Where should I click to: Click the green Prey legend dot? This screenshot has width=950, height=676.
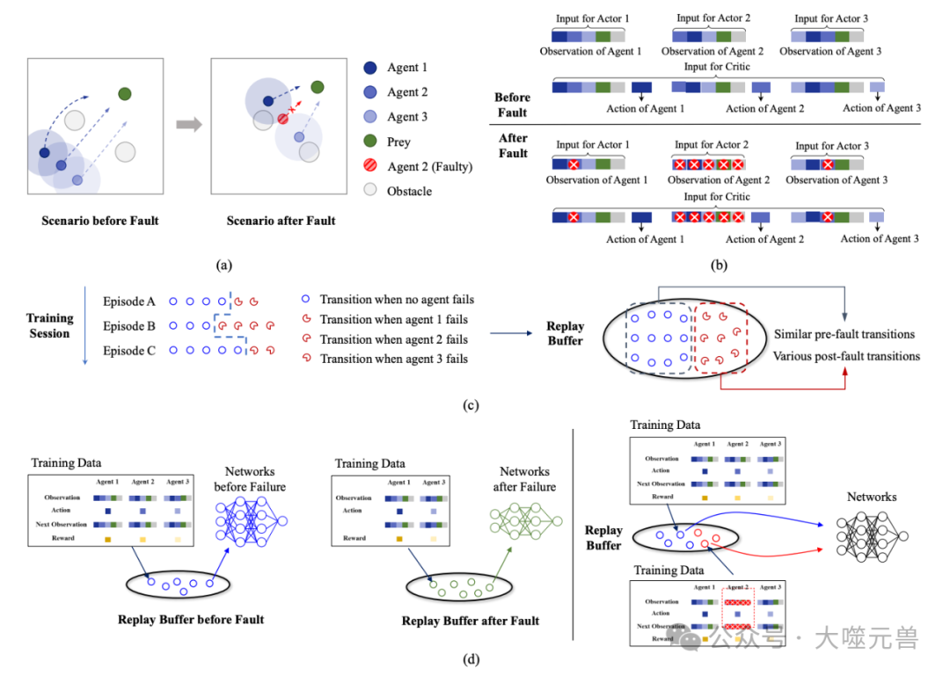370,142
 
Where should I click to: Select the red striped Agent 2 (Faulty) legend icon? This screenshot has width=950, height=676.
370,166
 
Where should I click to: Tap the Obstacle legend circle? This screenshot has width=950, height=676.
370,191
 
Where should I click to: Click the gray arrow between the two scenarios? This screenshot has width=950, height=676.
188,125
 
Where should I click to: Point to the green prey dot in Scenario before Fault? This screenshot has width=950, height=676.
125,94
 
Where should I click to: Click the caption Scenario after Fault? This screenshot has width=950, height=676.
281,221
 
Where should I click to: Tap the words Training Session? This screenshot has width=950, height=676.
49,326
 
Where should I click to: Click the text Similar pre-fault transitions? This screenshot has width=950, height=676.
844,334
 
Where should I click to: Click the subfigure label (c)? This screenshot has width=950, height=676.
471,405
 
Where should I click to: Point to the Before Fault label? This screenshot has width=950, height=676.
512,105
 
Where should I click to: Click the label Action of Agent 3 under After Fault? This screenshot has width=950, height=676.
881,238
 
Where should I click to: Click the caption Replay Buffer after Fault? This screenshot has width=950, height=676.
471,621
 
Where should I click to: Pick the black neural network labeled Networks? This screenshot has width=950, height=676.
872,536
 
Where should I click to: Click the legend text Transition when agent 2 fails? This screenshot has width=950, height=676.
394,339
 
